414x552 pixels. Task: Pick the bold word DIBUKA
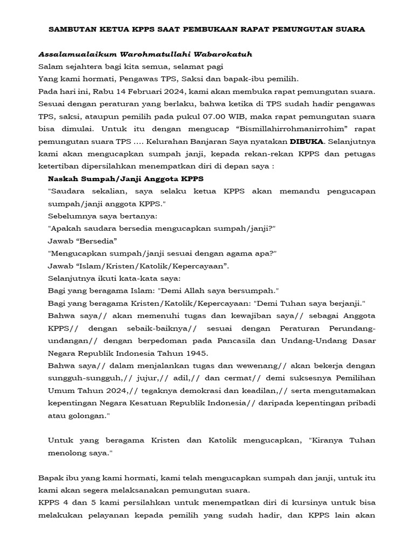pos(306,141)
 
